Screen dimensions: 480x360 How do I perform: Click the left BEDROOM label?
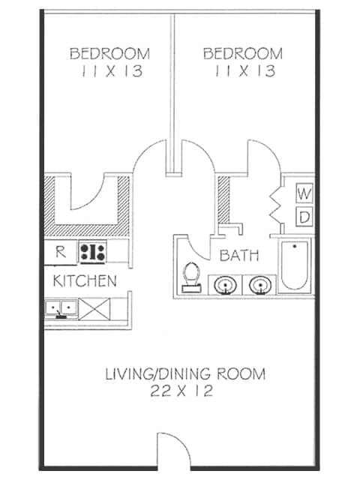[x=109, y=54]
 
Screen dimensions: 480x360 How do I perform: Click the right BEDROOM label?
[x=243, y=54]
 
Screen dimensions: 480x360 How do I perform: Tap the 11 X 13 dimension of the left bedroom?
[x=109, y=72]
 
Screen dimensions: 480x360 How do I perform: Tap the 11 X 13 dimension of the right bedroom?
[x=243, y=72]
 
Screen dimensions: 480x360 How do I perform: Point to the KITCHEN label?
[x=85, y=281]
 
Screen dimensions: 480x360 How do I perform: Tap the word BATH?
[x=239, y=256]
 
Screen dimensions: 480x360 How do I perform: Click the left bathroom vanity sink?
[x=224, y=285]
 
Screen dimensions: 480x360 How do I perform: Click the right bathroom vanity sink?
[x=259, y=285]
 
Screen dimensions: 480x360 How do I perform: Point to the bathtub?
[x=295, y=266]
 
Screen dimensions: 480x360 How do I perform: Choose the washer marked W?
[x=304, y=193]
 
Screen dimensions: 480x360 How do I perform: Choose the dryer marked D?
[x=304, y=217]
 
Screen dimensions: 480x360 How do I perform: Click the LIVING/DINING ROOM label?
[x=184, y=373]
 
